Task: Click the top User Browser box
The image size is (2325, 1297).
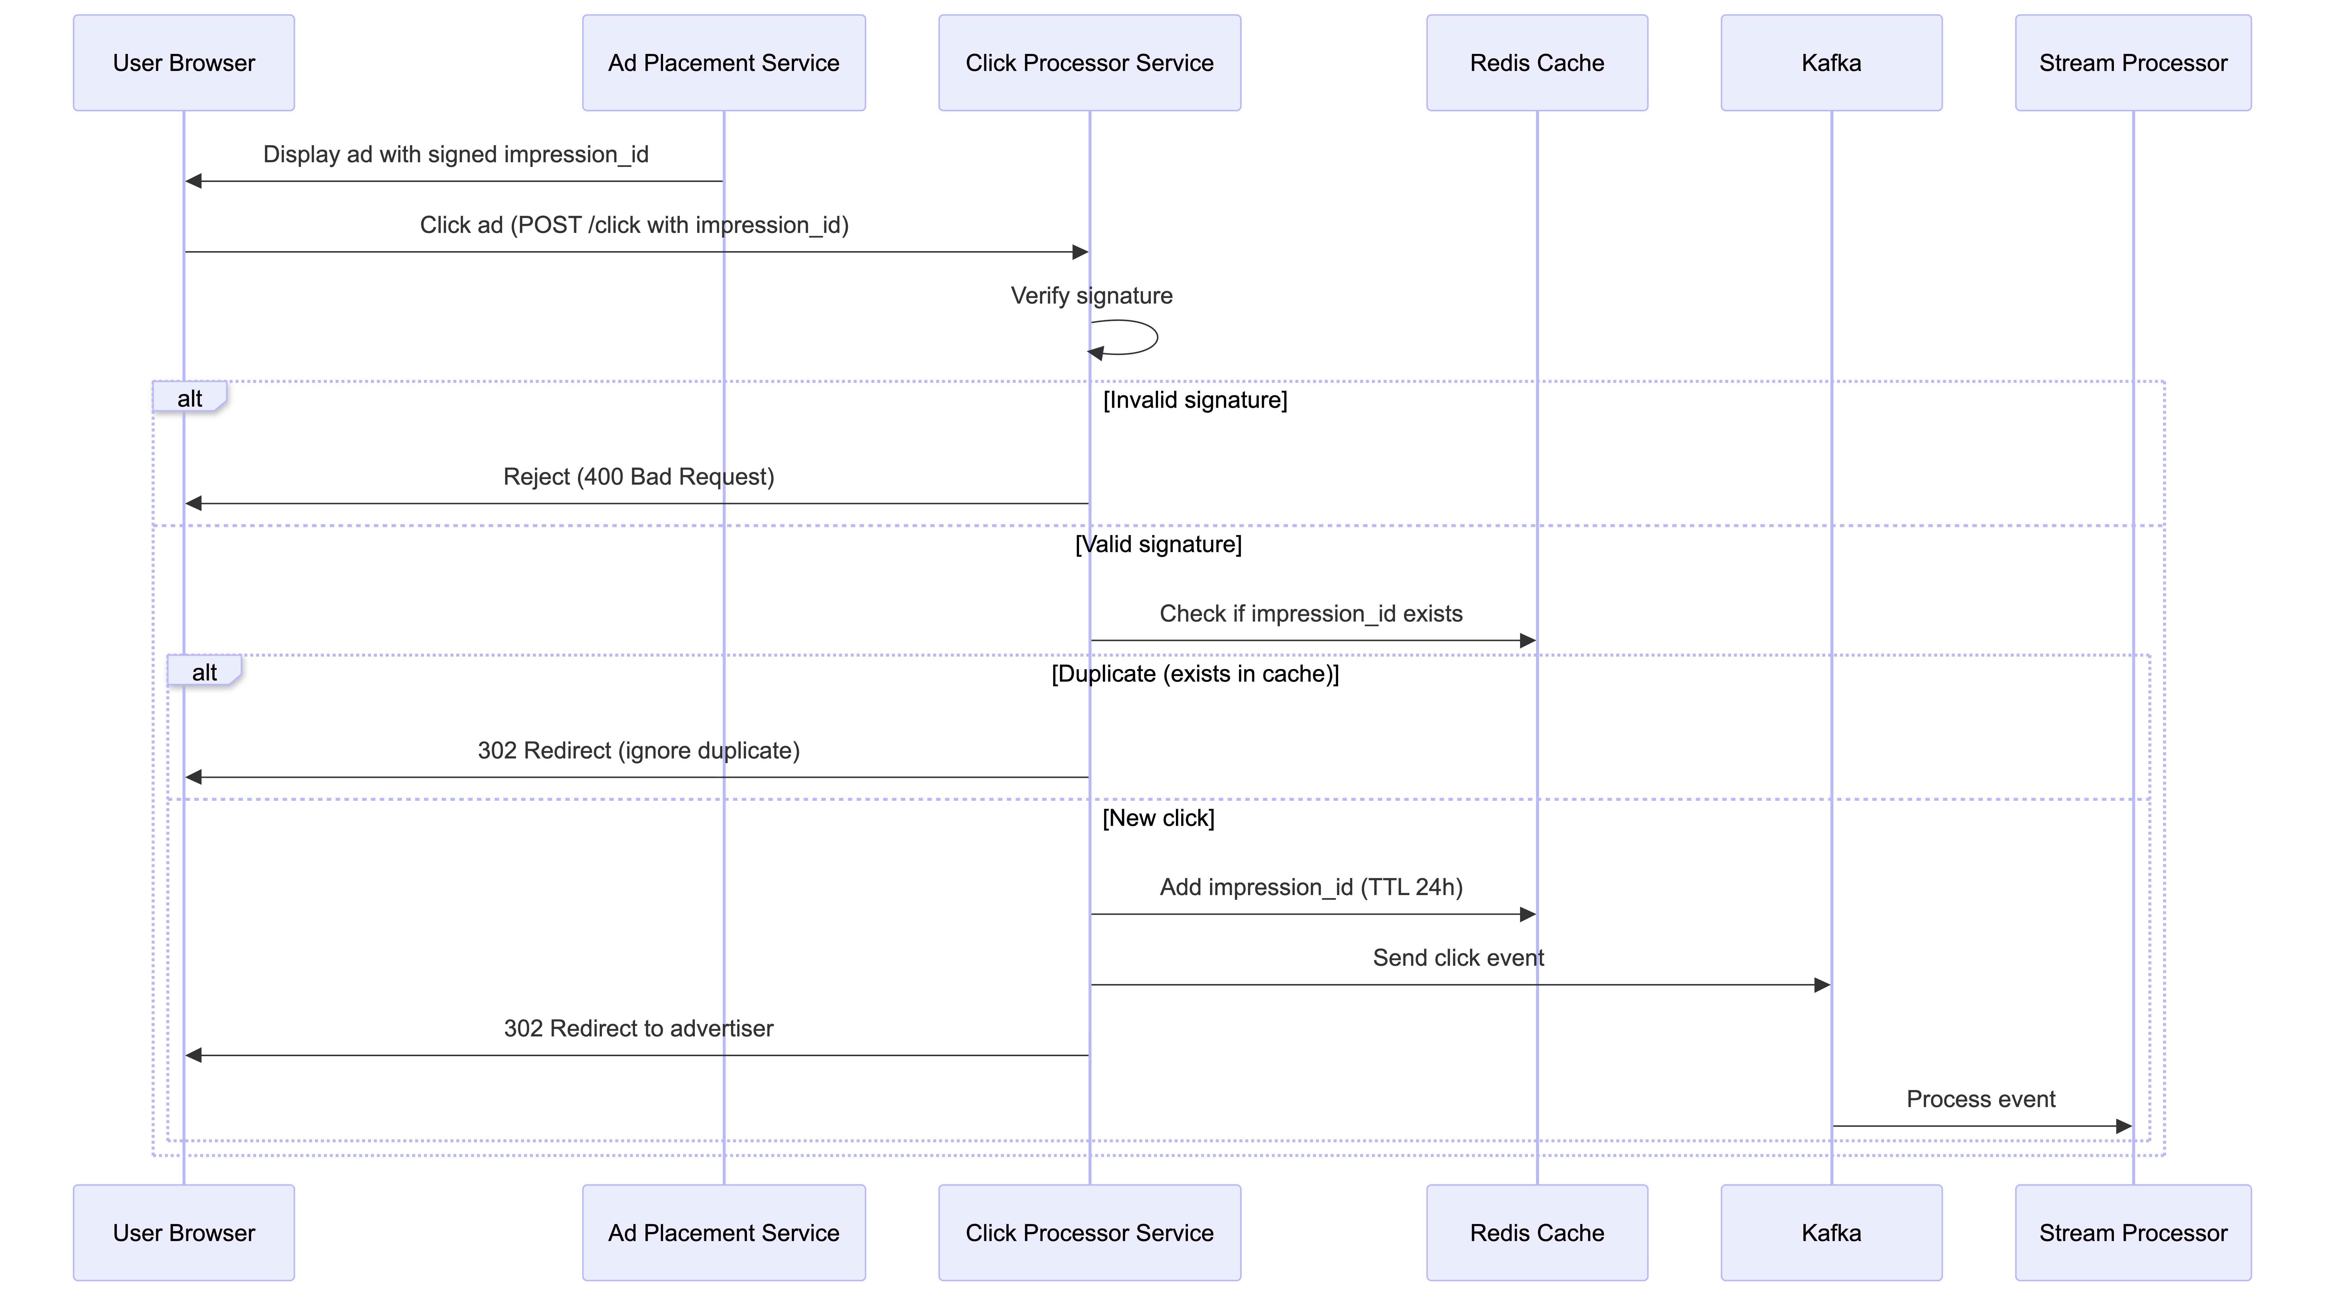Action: click(x=184, y=63)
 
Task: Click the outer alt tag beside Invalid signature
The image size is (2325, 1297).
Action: click(x=190, y=398)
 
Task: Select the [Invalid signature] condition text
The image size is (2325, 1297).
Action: click(x=1195, y=400)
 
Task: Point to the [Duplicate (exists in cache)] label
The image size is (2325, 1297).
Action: click(x=1195, y=673)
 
